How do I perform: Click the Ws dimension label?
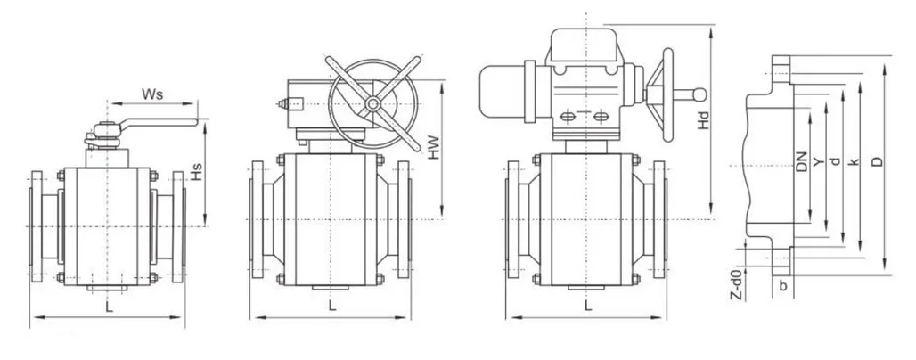[x=152, y=94]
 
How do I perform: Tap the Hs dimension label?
[x=198, y=171]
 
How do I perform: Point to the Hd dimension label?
[x=704, y=120]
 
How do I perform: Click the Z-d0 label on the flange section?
[x=737, y=284]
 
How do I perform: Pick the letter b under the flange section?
[x=783, y=286]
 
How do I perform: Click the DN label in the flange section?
[x=802, y=161]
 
